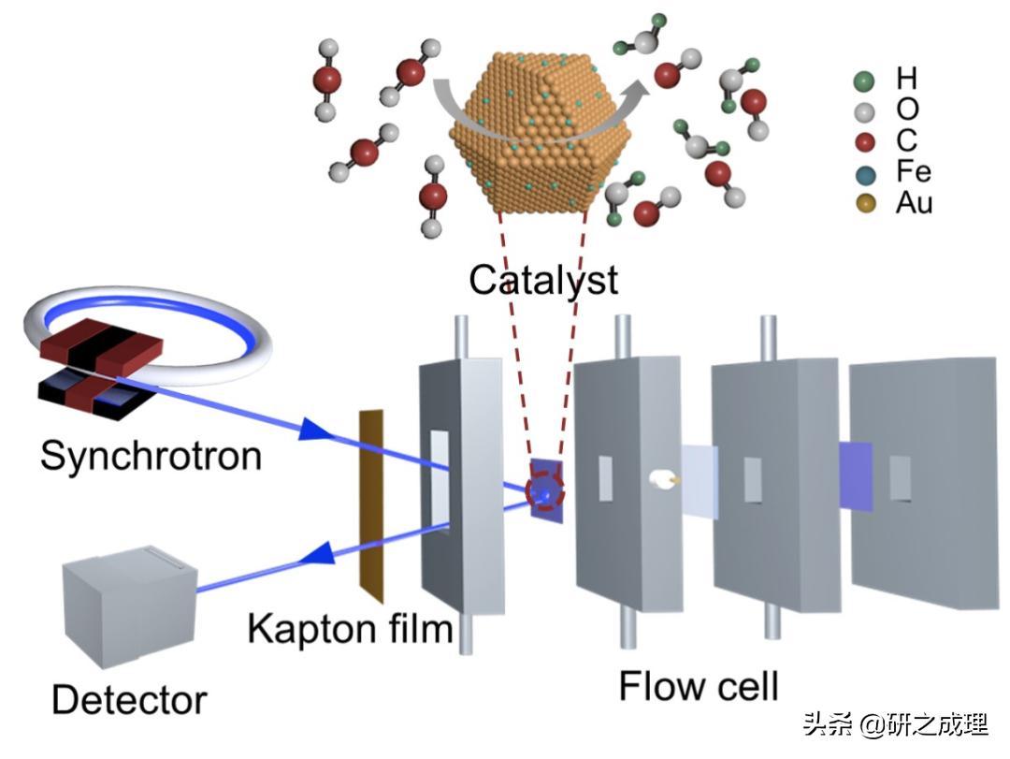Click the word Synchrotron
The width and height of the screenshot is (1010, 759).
coord(151,456)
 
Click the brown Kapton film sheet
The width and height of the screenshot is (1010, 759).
coord(371,506)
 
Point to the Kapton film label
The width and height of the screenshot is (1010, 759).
coord(350,629)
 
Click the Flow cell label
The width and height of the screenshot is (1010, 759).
coord(699,685)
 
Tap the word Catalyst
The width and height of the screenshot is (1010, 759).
coord(543,279)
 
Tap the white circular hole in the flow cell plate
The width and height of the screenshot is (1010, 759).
coord(660,480)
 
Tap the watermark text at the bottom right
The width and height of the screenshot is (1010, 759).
coord(894,725)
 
